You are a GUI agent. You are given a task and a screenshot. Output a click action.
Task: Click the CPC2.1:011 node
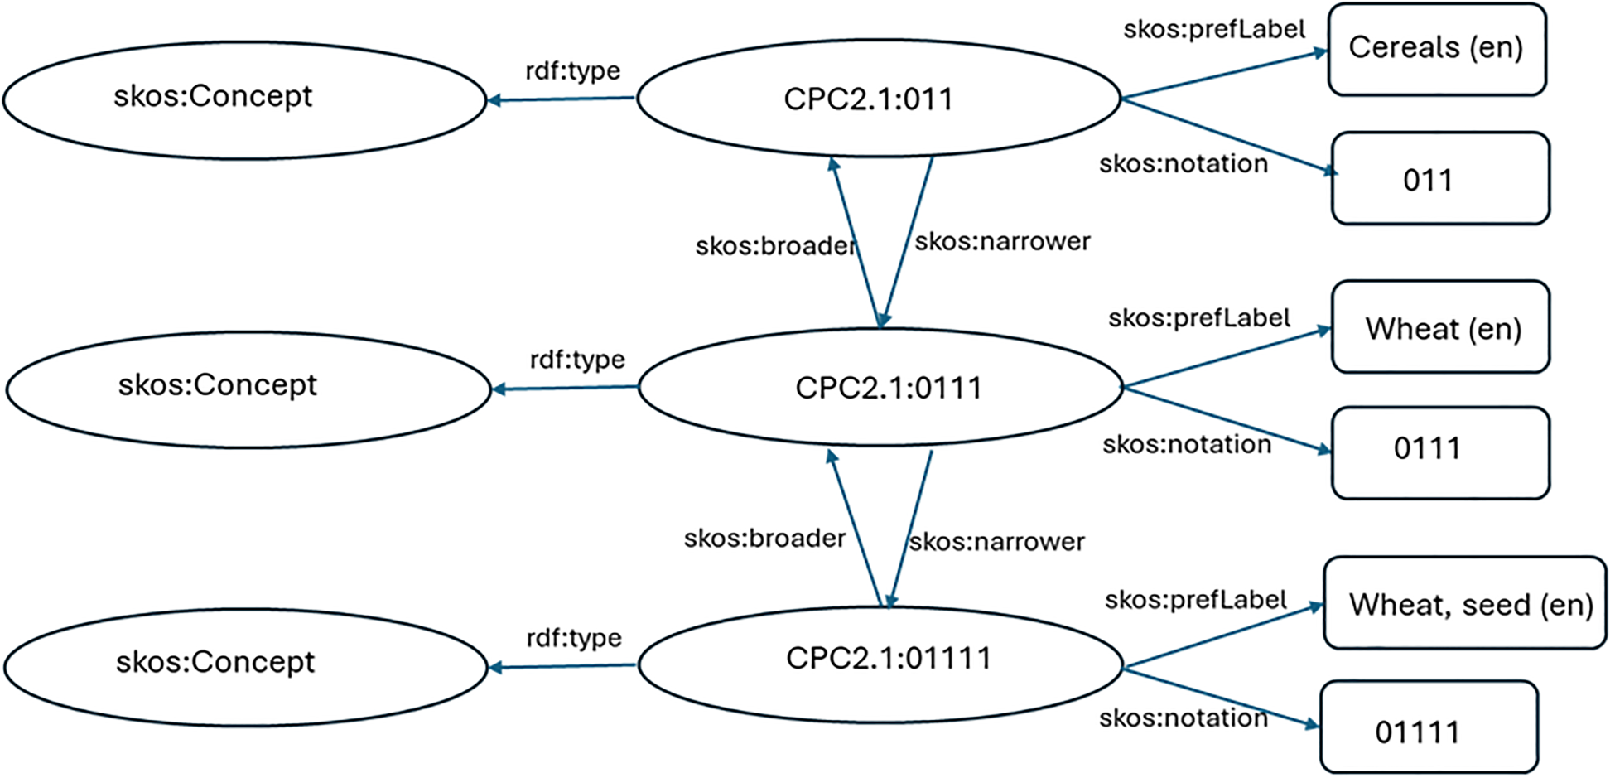coord(879,98)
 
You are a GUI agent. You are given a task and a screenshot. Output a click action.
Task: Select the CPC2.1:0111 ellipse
coord(880,387)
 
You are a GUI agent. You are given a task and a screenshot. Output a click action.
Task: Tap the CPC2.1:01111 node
coord(880,664)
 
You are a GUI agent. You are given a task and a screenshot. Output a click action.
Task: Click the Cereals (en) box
coord(1437,49)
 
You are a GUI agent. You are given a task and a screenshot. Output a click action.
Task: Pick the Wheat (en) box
coord(1440,326)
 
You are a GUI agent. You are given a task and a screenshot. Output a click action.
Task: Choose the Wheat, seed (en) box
coord(1465,602)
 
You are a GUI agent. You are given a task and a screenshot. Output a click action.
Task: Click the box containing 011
coord(1440,178)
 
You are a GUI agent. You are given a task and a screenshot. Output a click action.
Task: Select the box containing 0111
coord(1440,452)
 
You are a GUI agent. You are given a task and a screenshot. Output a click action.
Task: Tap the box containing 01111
coord(1429,727)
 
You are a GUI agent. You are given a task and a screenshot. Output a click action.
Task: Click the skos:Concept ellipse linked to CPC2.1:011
coord(245,100)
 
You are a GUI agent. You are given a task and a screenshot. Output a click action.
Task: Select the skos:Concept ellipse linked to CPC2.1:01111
coord(246,668)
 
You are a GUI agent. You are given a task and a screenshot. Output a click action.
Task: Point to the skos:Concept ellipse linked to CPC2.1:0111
coord(248,389)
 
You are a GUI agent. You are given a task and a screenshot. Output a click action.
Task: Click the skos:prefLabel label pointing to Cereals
coord(1213,30)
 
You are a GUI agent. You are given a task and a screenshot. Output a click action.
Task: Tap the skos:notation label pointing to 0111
coord(1186,445)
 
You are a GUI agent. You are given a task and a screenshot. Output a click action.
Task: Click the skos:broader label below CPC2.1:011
coord(776,246)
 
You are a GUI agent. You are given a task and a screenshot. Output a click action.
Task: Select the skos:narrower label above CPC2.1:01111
coord(996,542)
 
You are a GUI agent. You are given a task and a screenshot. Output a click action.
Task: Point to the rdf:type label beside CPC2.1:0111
coord(577,360)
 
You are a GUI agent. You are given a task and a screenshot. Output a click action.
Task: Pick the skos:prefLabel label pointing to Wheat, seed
coord(1195,600)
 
